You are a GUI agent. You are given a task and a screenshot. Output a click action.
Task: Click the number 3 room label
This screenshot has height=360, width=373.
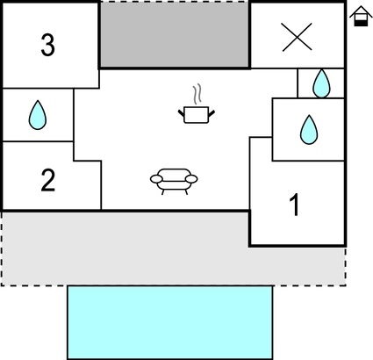[x=47, y=45]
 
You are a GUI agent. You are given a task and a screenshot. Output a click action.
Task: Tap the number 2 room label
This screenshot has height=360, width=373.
[x=48, y=180]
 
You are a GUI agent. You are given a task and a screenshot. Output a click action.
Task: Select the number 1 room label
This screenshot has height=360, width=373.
[x=295, y=205]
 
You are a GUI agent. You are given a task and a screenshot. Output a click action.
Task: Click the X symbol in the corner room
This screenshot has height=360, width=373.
[x=297, y=37]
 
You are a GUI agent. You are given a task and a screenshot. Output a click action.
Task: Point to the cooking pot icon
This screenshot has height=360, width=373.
[x=197, y=115]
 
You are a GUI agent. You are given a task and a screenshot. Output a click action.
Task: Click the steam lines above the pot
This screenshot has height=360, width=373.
[x=197, y=94]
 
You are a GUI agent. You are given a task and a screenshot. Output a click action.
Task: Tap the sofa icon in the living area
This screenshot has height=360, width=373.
[x=174, y=182]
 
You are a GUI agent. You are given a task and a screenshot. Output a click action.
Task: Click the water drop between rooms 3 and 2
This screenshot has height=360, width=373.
[x=38, y=115]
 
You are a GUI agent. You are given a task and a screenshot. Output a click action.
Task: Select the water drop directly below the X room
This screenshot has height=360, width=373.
[x=321, y=83]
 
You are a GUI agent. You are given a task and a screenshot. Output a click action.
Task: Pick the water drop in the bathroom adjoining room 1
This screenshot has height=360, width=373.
[x=309, y=130]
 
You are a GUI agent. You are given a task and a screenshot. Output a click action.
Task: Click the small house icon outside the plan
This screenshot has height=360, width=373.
[x=361, y=17]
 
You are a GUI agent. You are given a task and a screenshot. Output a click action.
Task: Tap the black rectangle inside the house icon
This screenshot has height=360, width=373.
[x=361, y=23]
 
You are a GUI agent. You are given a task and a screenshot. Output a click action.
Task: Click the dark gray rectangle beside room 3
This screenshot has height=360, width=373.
[x=175, y=35]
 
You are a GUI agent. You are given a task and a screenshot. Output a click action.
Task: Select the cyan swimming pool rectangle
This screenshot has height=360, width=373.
[x=170, y=322]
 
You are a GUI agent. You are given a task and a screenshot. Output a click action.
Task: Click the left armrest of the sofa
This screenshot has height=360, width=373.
[x=156, y=178]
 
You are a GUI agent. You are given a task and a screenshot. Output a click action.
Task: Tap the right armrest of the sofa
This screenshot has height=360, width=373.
[x=191, y=178]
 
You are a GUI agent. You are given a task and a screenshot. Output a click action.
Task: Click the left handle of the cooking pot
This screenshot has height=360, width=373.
[x=182, y=113]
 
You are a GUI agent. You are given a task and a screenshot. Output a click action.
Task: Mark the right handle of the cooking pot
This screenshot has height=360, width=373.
[x=212, y=113]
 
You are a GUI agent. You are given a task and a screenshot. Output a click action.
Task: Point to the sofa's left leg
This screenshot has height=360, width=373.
[x=163, y=192]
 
